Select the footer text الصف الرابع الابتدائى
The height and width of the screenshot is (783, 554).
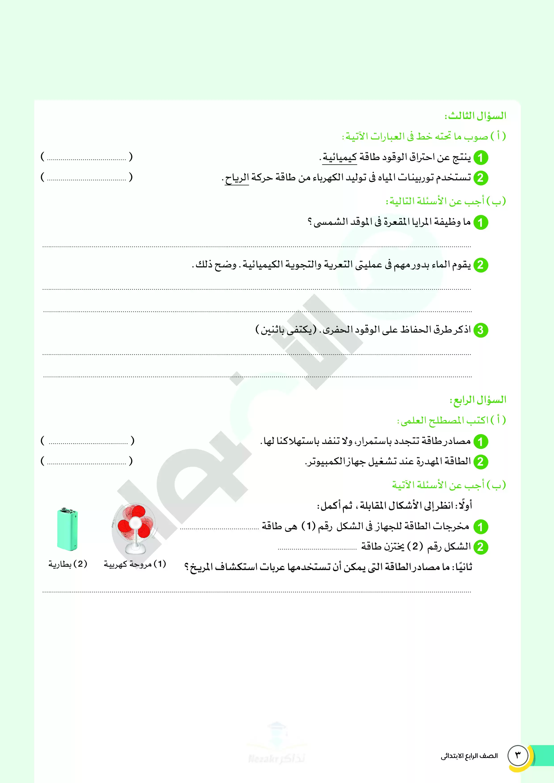[469, 756]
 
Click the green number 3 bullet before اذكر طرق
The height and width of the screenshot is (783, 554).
[481, 330]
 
